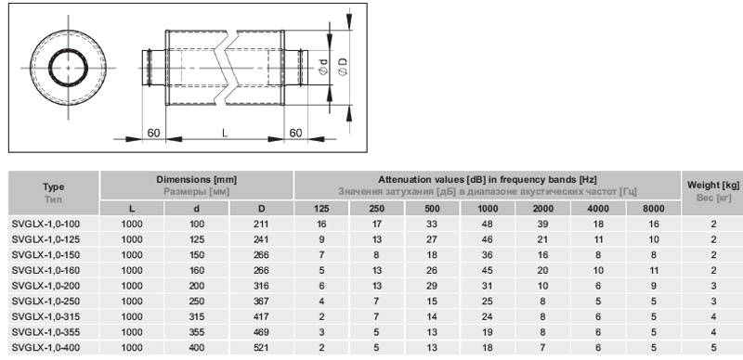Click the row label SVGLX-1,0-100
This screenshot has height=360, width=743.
click(x=46, y=224)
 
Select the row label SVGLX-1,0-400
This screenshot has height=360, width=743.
click(x=46, y=348)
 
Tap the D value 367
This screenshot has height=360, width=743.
click(x=261, y=302)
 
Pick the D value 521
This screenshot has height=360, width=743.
click(x=261, y=348)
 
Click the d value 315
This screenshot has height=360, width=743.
click(x=197, y=316)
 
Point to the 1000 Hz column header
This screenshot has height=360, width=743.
click(x=488, y=209)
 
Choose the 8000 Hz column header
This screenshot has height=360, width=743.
click(x=654, y=209)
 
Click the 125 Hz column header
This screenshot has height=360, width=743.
click(x=321, y=209)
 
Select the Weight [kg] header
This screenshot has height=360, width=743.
click(x=713, y=186)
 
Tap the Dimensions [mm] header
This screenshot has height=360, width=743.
click(x=197, y=180)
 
